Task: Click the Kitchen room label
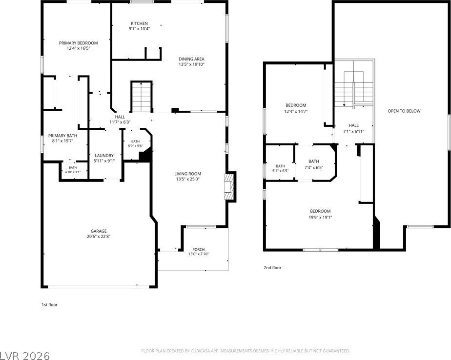(139, 23)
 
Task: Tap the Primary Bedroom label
(78, 43)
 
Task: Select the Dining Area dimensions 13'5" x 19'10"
(191, 64)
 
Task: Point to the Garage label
(99, 231)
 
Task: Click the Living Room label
(187, 174)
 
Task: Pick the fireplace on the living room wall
(230, 186)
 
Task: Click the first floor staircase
(142, 97)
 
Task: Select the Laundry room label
(104, 156)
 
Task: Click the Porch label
(199, 249)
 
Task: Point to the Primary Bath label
(62, 136)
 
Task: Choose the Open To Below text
(404, 111)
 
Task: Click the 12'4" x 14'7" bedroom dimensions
(296, 111)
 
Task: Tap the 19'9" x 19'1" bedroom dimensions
(320, 218)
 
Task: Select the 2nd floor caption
(272, 268)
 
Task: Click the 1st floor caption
(49, 304)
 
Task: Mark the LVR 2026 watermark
(25, 356)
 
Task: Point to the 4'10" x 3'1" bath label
(73, 170)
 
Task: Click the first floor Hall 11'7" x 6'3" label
(120, 120)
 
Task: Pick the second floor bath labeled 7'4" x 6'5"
(314, 164)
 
